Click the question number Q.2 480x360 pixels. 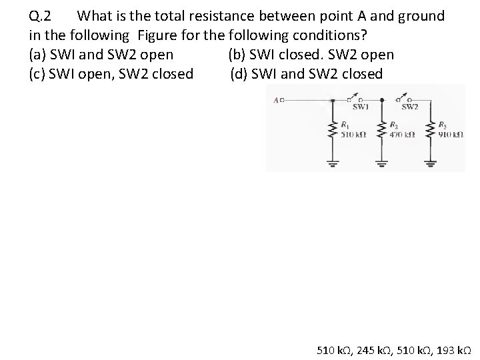tap(44, 15)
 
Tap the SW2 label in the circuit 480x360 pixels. tap(409, 107)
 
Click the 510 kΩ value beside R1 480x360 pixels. tap(352, 134)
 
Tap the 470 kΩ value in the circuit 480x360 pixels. tap(402, 134)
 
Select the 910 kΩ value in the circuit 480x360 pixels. tap(451, 134)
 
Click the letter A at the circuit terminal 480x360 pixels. tap(277, 101)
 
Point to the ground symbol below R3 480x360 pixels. tap(430, 162)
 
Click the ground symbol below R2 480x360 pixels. tap(381, 162)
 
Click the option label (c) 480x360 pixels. tap(39, 73)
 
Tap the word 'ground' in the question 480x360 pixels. tap(420, 15)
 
